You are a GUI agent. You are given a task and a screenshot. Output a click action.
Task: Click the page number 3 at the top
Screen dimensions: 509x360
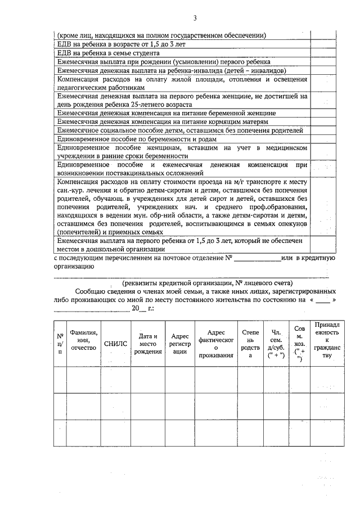click(194, 18)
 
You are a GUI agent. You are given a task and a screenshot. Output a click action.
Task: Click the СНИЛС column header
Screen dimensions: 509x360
click(115, 344)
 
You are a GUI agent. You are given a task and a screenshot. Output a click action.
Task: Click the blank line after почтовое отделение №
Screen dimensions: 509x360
click(256, 259)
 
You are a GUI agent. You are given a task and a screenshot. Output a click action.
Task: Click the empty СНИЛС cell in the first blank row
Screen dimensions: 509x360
click(115, 380)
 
